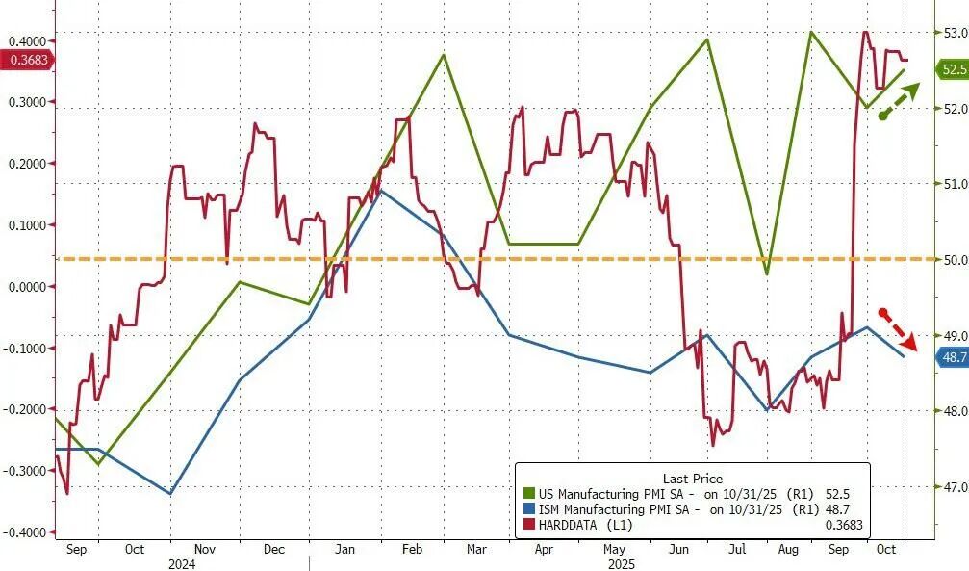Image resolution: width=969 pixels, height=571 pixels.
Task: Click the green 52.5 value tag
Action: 950,69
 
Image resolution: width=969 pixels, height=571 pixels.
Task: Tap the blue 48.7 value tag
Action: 950,357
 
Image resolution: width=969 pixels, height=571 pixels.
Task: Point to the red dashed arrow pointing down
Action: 899,327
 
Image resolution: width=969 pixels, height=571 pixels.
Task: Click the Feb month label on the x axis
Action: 411,549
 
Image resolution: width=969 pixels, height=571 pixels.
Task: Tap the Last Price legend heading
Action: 693,479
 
